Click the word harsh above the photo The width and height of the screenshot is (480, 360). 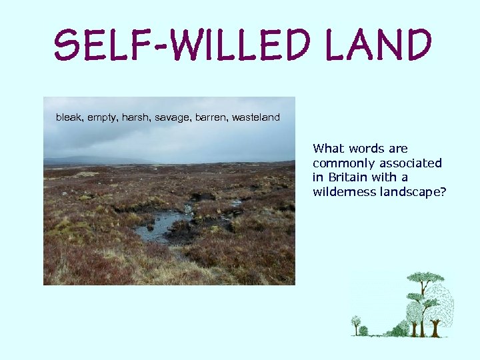point(136,117)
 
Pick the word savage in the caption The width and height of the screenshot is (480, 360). point(172,118)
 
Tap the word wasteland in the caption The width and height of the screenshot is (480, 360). point(256,117)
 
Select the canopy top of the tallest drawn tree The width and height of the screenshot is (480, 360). point(425,277)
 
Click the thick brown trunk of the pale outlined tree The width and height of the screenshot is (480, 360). point(435,327)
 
